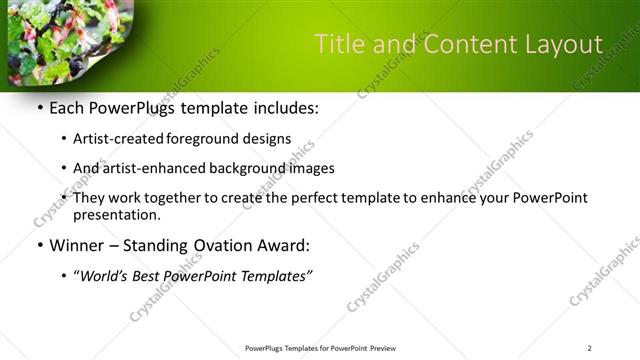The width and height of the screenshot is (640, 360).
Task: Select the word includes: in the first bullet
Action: (284, 108)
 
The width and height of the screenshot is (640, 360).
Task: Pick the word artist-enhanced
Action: (155, 168)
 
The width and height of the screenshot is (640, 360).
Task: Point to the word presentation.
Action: (116, 214)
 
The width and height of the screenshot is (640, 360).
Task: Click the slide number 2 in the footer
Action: (589, 348)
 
